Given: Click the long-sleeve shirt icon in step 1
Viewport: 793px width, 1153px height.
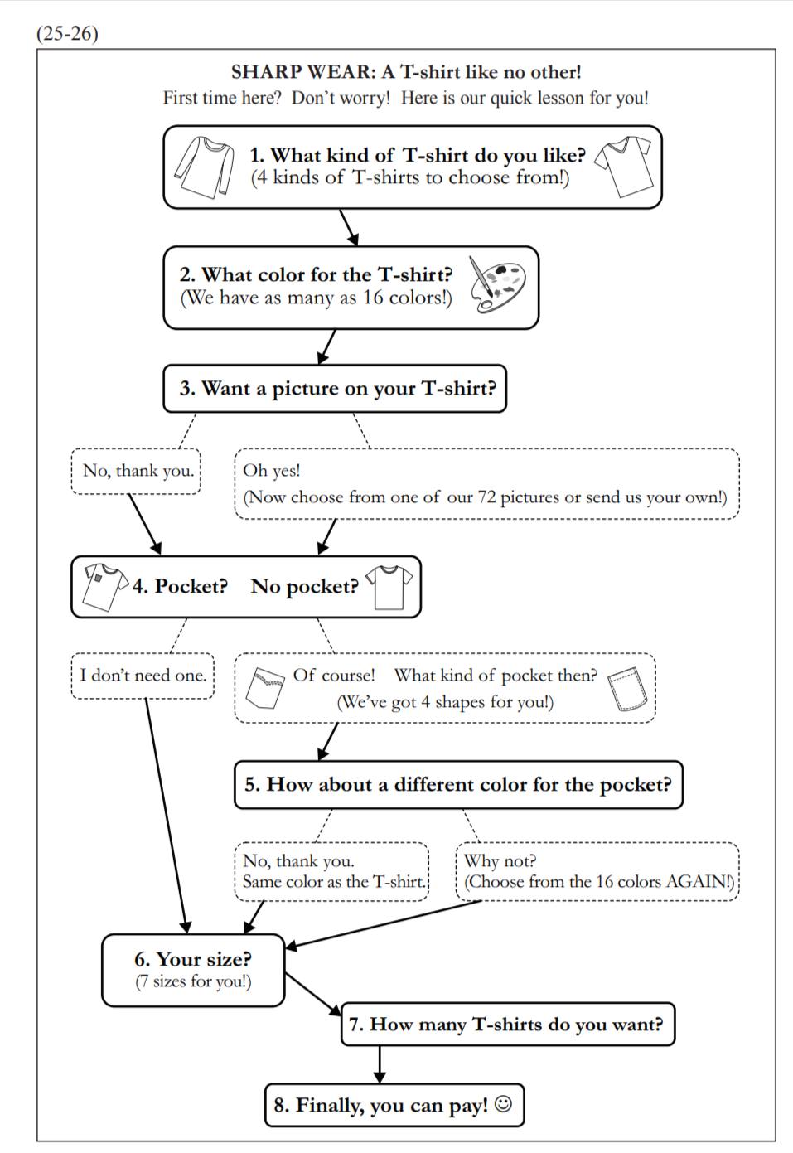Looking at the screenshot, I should click(x=204, y=167).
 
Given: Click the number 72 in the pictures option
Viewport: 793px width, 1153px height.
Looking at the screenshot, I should click(x=486, y=497).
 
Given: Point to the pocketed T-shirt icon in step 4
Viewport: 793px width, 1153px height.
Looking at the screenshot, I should click(x=103, y=585).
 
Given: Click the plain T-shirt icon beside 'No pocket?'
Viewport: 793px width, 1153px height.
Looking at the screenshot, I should click(x=389, y=586).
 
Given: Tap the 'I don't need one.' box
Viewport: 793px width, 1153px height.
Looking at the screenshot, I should click(x=143, y=676).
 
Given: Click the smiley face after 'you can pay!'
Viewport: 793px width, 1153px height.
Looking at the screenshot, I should click(x=503, y=1104).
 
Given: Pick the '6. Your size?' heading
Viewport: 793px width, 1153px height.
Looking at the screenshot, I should click(x=193, y=959).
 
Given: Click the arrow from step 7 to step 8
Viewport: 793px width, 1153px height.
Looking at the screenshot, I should click(x=380, y=1064).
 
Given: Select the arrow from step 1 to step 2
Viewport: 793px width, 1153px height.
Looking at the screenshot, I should click(x=349, y=227).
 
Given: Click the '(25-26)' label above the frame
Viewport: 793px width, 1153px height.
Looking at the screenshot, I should click(x=67, y=33).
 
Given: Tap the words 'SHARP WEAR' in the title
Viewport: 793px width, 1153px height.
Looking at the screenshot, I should click(x=302, y=72).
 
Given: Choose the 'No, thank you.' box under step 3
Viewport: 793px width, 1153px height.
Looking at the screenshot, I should click(x=137, y=471).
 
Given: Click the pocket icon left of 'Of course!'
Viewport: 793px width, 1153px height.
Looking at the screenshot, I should click(x=266, y=687).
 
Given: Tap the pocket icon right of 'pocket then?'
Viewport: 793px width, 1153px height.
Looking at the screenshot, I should click(x=627, y=688).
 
